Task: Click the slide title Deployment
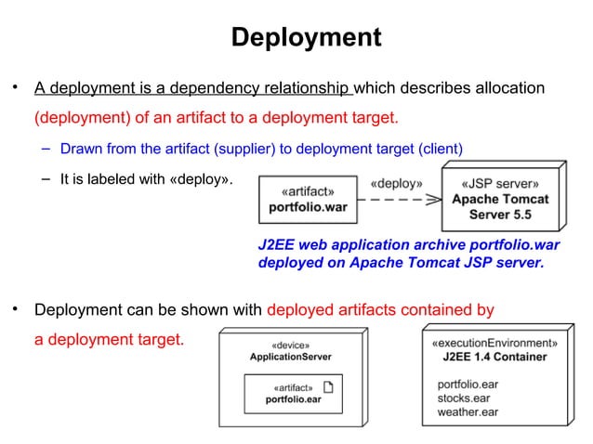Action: coord(306,37)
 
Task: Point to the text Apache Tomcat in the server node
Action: coord(500,199)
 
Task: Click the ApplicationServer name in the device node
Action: coord(291,357)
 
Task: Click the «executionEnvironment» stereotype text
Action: coord(494,342)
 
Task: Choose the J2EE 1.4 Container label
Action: coord(494,357)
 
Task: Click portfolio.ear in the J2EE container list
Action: coord(468,383)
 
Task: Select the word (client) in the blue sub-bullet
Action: coord(439,149)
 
